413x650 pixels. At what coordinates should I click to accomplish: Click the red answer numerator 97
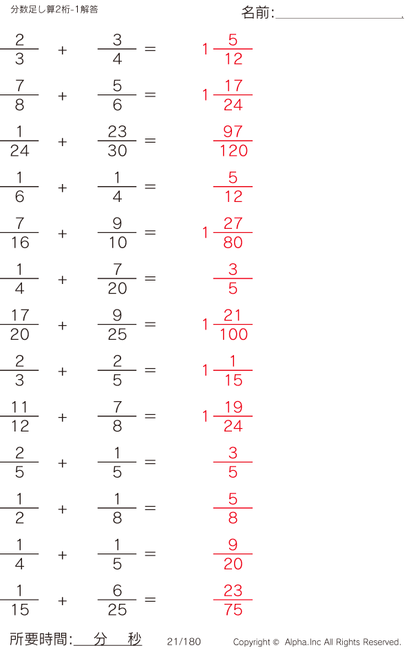pos(233,132)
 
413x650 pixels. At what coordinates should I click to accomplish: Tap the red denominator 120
pos(233,150)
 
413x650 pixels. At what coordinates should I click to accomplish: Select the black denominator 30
pos(117,150)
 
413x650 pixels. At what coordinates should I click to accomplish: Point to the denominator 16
pos(20,243)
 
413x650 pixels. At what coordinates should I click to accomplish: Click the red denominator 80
pos(233,243)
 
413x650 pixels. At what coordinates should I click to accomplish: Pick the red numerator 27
pos(233,223)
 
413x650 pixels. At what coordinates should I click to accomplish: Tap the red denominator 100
pos(233,334)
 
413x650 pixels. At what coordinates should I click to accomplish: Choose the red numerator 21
pos(232,315)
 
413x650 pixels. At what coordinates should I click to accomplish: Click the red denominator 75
pos(233,610)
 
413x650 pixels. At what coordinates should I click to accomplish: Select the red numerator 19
pos(233,407)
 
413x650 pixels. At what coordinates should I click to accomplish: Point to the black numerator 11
pos(19,407)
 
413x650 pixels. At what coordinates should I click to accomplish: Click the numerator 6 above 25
pos(117,590)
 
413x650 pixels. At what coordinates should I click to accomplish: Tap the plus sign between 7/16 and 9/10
pos(63,234)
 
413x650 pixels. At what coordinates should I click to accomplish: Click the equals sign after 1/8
pos(150,508)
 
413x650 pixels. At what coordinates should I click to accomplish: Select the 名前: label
pos(258,12)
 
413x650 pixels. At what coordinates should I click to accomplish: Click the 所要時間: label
pos(41,639)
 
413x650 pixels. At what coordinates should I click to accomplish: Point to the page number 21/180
pos(184,642)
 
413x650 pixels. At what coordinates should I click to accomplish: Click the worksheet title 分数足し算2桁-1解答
pos(54,9)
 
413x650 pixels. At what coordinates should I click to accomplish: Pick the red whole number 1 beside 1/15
pos(205,369)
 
